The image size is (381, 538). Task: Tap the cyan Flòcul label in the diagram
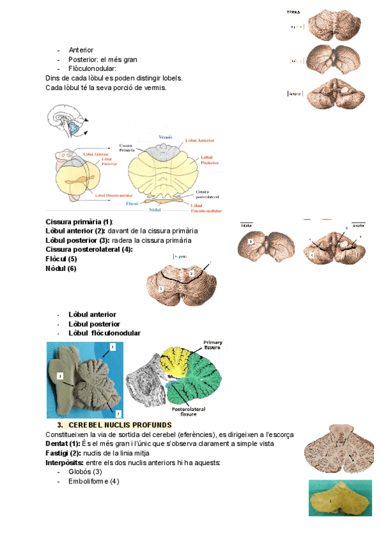(132, 204)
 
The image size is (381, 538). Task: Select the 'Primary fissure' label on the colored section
(213, 345)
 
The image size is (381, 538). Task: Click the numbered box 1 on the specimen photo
(112, 347)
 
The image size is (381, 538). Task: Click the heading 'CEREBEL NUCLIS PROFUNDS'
(120, 424)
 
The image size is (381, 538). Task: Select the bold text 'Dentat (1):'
(63, 444)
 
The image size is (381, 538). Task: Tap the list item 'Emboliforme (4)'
(93, 482)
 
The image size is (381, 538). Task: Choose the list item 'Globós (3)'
(85, 472)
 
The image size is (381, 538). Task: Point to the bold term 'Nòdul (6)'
(61, 268)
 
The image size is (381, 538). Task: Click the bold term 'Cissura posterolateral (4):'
(89, 249)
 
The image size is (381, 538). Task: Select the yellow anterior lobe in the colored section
(175, 362)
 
